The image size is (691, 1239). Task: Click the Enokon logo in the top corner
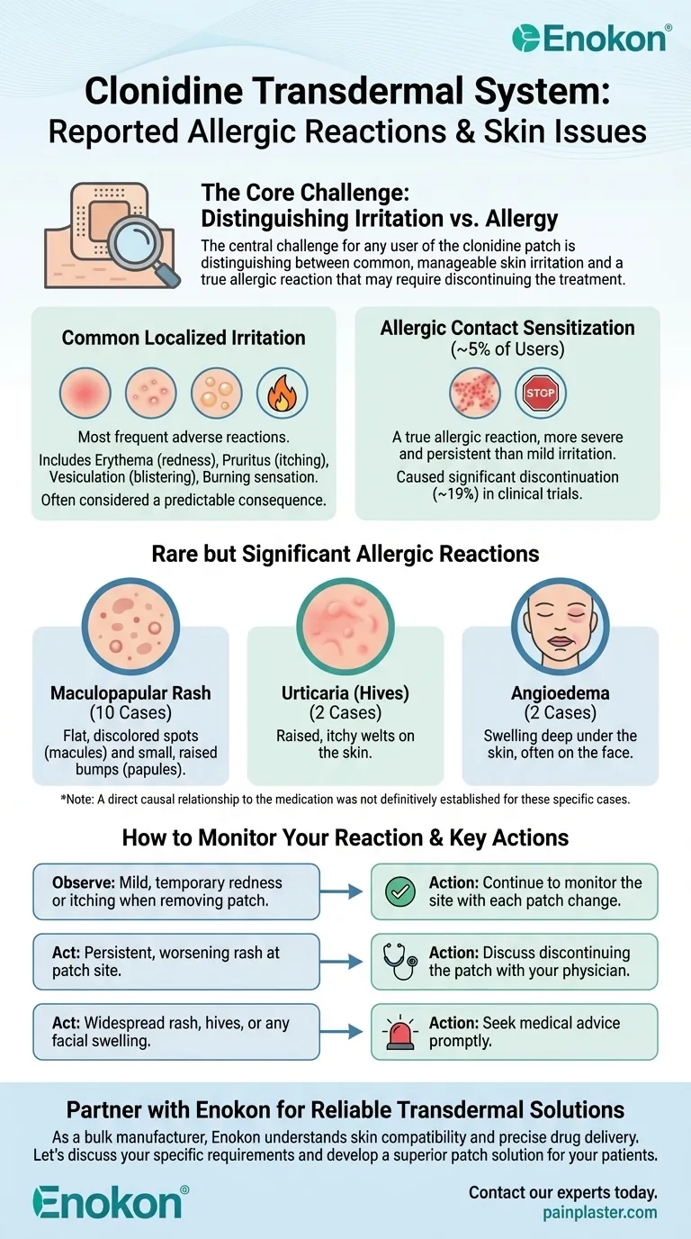click(x=589, y=39)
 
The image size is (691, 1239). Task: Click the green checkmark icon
click(x=399, y=891)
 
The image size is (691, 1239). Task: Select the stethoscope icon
click(x=399, y=962)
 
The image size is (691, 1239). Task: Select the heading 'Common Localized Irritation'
click(x=184, y=338)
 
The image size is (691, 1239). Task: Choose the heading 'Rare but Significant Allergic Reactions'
click(x=345, y=553)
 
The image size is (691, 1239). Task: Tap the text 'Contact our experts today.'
click(x=563, y=1192)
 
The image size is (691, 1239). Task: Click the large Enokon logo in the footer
click(x=111, y=1201)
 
